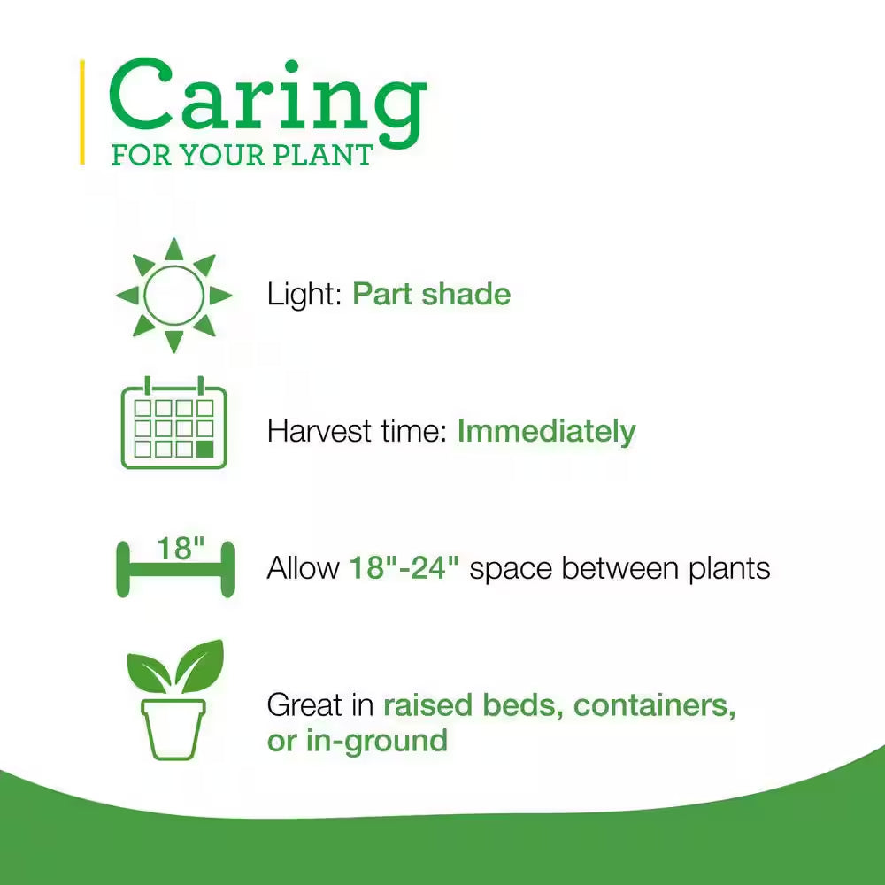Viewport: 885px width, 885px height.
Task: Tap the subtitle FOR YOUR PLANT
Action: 242,155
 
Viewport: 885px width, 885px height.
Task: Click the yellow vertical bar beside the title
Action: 82,112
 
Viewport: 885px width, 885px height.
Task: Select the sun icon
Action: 173,295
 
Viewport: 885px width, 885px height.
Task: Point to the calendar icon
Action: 173,426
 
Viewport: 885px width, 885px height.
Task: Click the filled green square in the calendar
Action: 204,449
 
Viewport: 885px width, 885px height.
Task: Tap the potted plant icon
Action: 173,699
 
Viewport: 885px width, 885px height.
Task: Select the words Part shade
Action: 431,294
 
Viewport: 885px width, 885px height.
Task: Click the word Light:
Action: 304,294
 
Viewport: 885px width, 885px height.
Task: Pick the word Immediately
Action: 546,431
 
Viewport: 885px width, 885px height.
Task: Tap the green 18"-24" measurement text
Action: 404,567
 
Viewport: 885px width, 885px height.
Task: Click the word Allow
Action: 303,567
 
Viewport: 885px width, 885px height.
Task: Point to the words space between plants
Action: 619,567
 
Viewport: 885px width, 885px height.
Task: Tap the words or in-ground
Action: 357,740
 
